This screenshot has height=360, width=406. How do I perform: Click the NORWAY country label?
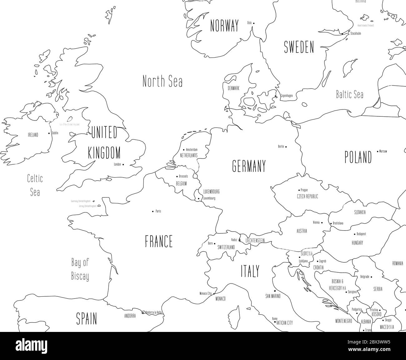click(224, 26)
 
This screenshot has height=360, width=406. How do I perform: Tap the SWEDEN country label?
click(299, 47)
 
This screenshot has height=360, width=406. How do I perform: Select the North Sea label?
click(162, 81)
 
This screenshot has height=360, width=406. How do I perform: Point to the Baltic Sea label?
click(349, 94)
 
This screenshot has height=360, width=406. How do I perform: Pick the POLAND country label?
click(358, 157)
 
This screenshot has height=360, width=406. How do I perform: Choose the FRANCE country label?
click(159, 241)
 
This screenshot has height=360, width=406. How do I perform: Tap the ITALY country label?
click(250, 271)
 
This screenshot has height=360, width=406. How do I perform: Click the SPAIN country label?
click(87, 319)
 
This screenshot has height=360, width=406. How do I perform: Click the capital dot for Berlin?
click(286, 146)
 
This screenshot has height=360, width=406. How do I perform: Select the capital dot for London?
click(123, 164)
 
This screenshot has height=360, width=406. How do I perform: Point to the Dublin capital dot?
click(49, 133)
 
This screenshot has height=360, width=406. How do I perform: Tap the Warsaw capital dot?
click(378, 151)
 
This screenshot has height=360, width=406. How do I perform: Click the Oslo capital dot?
click(254, 23)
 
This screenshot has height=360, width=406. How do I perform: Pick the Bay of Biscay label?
click(80, 269)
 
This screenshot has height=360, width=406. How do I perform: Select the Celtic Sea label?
click(35, 185)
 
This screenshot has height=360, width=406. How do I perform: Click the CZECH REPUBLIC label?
click(307, 197)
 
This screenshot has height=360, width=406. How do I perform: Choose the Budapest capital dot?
click(354, 234)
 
